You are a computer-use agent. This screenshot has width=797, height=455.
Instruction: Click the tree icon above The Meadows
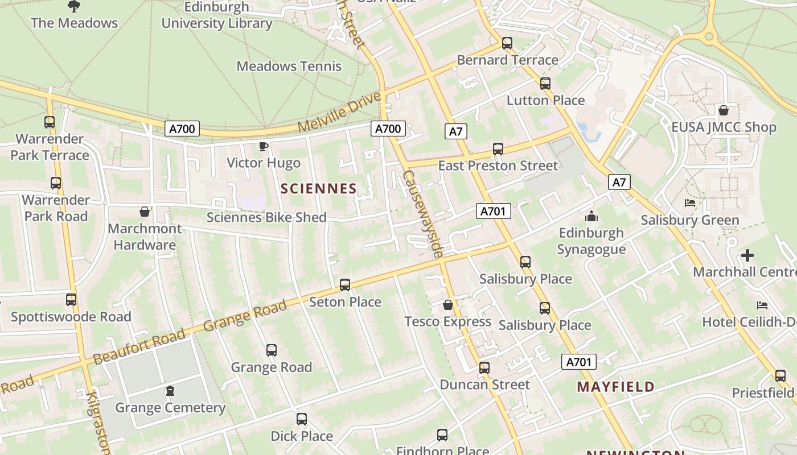pyautogui.click(x=73, y=6)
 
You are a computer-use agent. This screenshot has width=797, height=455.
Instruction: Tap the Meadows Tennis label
pyautogui.click(x=289, y=66)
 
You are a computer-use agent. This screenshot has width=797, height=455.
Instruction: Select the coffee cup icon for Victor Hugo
pyautogui.click(x=264, y=147)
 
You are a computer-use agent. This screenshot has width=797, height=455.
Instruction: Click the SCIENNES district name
pyautogui.click(x=319, y=189)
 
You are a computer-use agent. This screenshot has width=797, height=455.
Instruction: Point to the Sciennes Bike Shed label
pyautogui.click(x=266, y=217)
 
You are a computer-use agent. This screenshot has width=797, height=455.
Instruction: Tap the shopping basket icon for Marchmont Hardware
pyautogui.click(x=145, y=212)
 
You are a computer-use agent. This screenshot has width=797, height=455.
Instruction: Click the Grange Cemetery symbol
pyautogui.click(x=170, y=391)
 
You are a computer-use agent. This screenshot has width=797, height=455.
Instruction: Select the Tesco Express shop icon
pyautogui.click(x=448, y=305)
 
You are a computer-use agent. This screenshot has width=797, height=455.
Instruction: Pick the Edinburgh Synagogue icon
pyautogui.click(x=591, y=217)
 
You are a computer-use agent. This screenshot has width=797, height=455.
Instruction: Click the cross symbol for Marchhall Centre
pyautogui.click(x=747, y=255)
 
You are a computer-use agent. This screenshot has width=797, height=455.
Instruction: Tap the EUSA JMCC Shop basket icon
pyautogui.click(x=724, y=110)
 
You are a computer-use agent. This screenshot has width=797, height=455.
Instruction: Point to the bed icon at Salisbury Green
pyautogui.click(x=690, y=203)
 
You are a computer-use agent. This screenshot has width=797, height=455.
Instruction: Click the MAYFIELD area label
pyautogui.click(x=615, y=387)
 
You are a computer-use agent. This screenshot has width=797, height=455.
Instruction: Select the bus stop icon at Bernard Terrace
pyautogui.click(x=507, y=43)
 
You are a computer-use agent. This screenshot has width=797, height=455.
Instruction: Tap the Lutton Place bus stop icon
pyautogui.click(x=545, y=84)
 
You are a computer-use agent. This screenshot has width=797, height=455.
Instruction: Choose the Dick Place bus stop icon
pyautogui.click(x=302, y=419)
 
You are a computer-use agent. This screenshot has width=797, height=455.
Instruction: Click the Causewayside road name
pyautogui.click(x=422, y=214)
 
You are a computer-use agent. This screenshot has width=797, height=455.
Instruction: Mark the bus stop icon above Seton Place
pyautogui.click(x=345, y=285)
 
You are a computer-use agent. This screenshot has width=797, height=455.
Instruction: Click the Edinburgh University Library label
pyautogui.click(x=217, y=15)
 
